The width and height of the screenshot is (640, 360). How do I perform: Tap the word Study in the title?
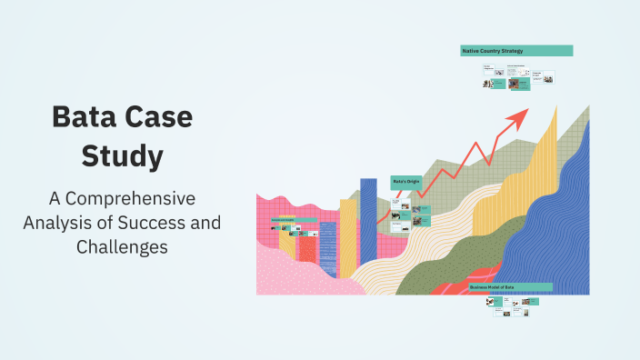(x=122, y=156)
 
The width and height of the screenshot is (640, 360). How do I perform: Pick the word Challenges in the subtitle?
(x=122, y=246)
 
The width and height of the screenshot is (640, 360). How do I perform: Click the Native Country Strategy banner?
(x=515, y=51)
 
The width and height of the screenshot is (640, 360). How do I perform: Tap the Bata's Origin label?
(x=405, y=182)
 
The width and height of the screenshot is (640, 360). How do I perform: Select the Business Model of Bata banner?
(x=509, y=287)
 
